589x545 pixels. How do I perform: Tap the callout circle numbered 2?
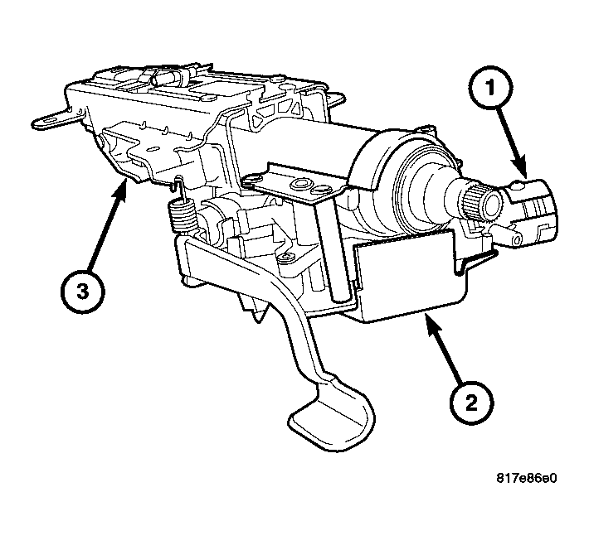tap(470, 403)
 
